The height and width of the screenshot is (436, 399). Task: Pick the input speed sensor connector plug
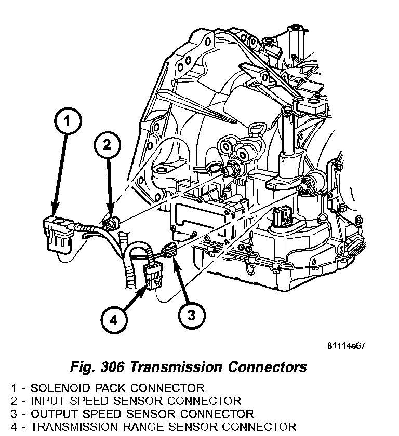coord(111,224)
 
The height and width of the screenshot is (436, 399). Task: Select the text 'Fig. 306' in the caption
coord(97,367)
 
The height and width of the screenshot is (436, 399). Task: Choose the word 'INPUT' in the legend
coord(47,401)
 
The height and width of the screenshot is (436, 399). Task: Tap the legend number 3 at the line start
coord(14,414)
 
